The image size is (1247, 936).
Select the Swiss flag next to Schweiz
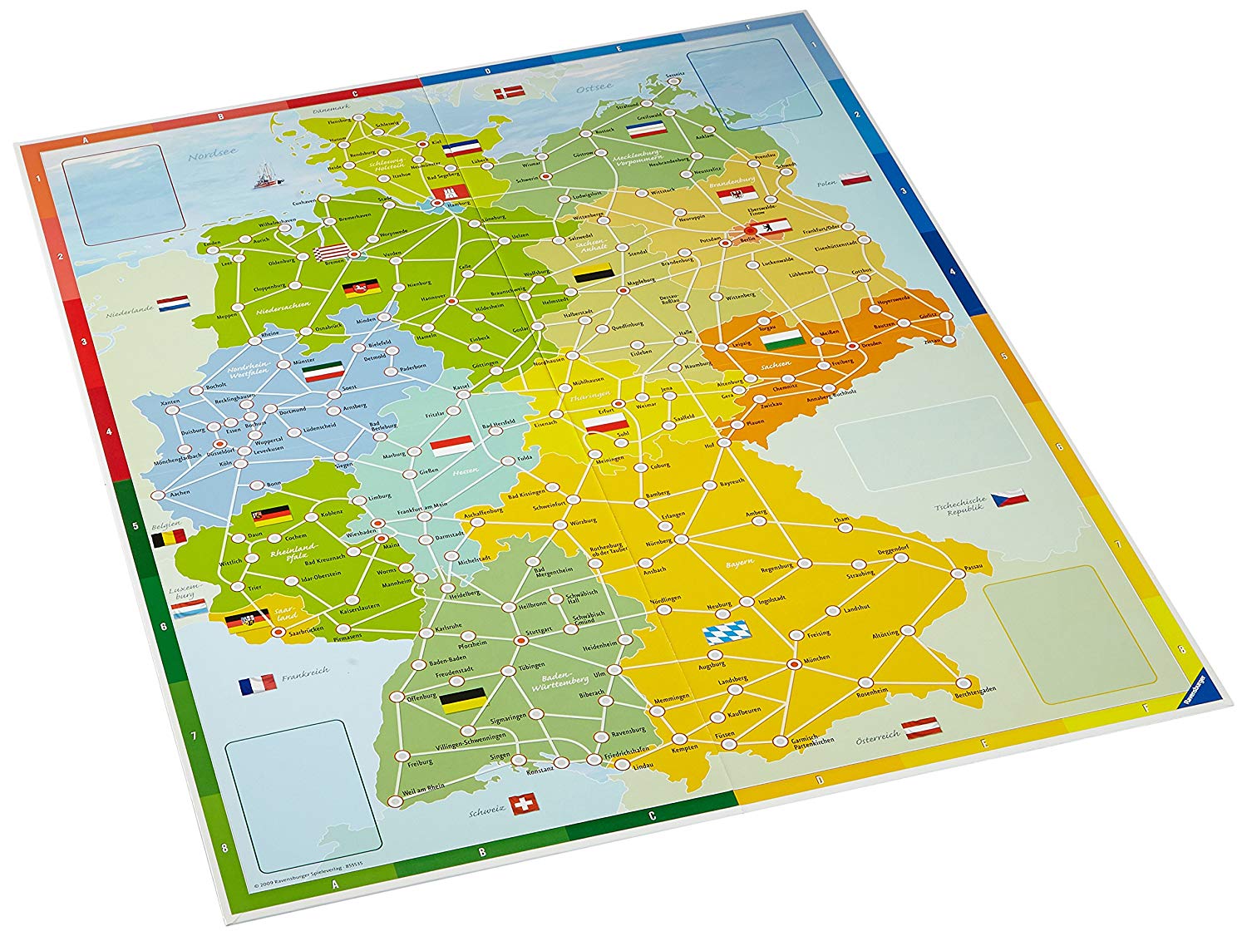pyautogui.click(x=524, y=804)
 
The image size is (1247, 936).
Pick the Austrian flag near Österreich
pyautogui.click(x=921, y=727)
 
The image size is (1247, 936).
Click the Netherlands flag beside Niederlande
pyautogui.click(x=173, y=303)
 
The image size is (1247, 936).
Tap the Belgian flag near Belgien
pyautogui.click(x=169, y=539)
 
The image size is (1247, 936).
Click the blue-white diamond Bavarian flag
pyautogui.click(x=727, y=633)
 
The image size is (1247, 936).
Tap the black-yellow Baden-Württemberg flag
pyautogui.click(x=462, y=700)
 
